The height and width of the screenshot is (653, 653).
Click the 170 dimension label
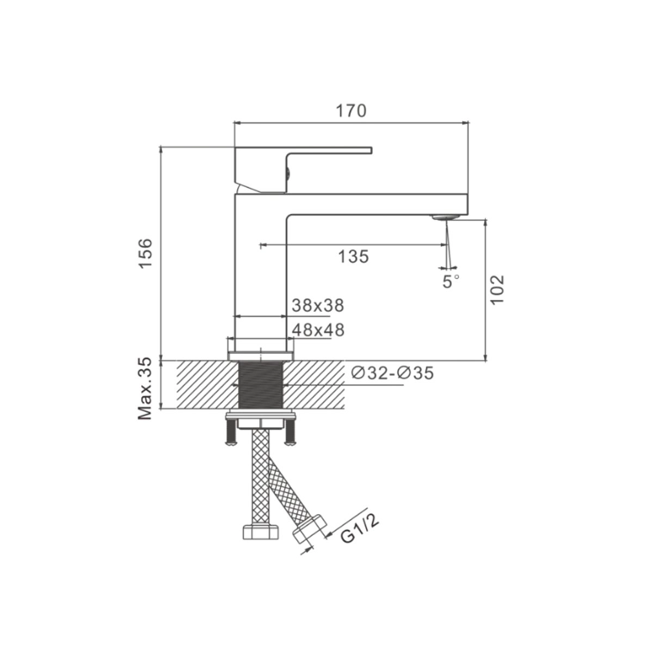351,110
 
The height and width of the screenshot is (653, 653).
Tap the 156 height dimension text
145,254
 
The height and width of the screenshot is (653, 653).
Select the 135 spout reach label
353,256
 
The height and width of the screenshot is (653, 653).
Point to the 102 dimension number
497,289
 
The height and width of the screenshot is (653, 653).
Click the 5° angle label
451,281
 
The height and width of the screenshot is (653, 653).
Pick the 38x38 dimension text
318,305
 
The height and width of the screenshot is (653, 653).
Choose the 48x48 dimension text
318,330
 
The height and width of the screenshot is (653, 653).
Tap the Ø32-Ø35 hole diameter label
392,373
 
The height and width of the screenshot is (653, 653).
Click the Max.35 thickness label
145,389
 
